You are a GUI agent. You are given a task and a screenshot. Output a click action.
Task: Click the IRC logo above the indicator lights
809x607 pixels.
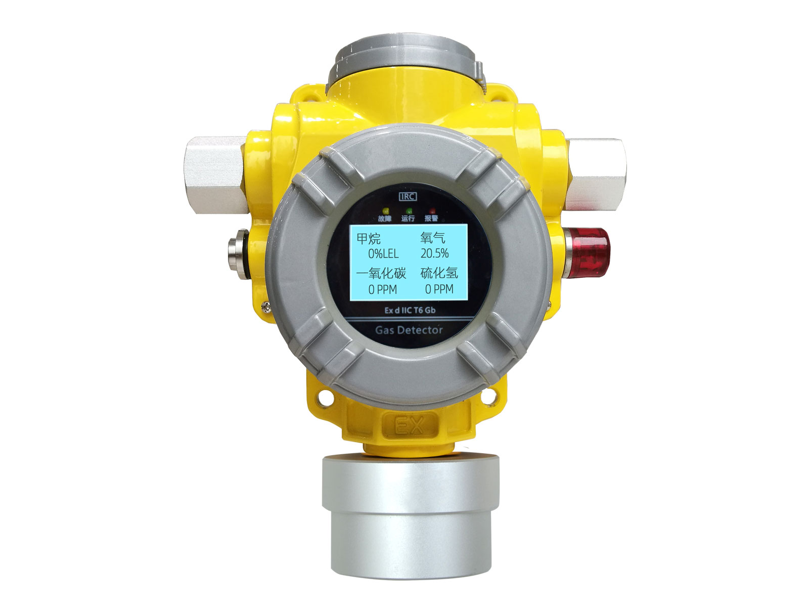pyautogui.click(x=408, y=196)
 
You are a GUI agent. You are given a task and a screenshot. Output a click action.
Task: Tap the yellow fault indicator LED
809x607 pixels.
pyautogui.click(x=385, y=210)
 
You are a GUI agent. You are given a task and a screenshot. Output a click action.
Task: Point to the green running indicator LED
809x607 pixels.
pyautogui.click(x=409, y=210)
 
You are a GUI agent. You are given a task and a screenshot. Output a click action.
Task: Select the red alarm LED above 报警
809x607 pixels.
pyautogui.click(x=432, y=210)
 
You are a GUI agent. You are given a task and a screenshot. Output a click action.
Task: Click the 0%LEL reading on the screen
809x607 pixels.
pyautogui.click(x=383, y=253)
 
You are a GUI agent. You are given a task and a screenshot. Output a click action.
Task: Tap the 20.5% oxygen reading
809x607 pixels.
pyautogui.click(x=434, y=253)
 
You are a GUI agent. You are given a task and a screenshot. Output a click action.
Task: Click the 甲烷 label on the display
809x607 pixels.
pyautogui.click(x=369, y=238)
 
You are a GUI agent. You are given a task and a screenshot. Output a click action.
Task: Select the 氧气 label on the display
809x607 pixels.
pyautogui.click(x=433, y=238)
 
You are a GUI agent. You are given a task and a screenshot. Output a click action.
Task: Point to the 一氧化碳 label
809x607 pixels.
pyautogui.click(x=381, y=274)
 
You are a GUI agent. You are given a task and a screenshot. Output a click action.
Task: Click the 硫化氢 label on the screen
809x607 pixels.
pyautogui.click(x=439, y=274)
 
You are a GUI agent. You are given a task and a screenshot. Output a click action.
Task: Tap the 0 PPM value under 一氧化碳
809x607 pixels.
pyautogui.click(x=382, y=290)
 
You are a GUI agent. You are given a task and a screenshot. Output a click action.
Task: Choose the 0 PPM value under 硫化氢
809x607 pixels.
pyautogui.click(x=439, y=289)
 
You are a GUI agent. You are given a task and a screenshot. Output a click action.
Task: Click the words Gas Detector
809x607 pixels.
pyautogui.click(x=409, y=330)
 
